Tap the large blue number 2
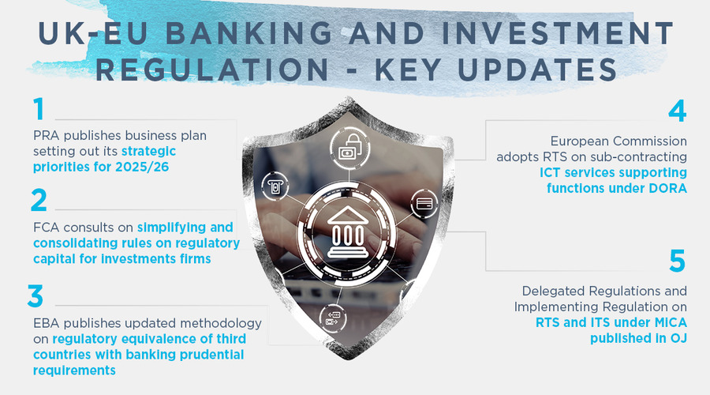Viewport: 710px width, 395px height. pos(39,201)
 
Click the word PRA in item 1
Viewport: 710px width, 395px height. pos(46,135)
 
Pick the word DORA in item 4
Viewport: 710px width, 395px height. pos(664,187)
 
